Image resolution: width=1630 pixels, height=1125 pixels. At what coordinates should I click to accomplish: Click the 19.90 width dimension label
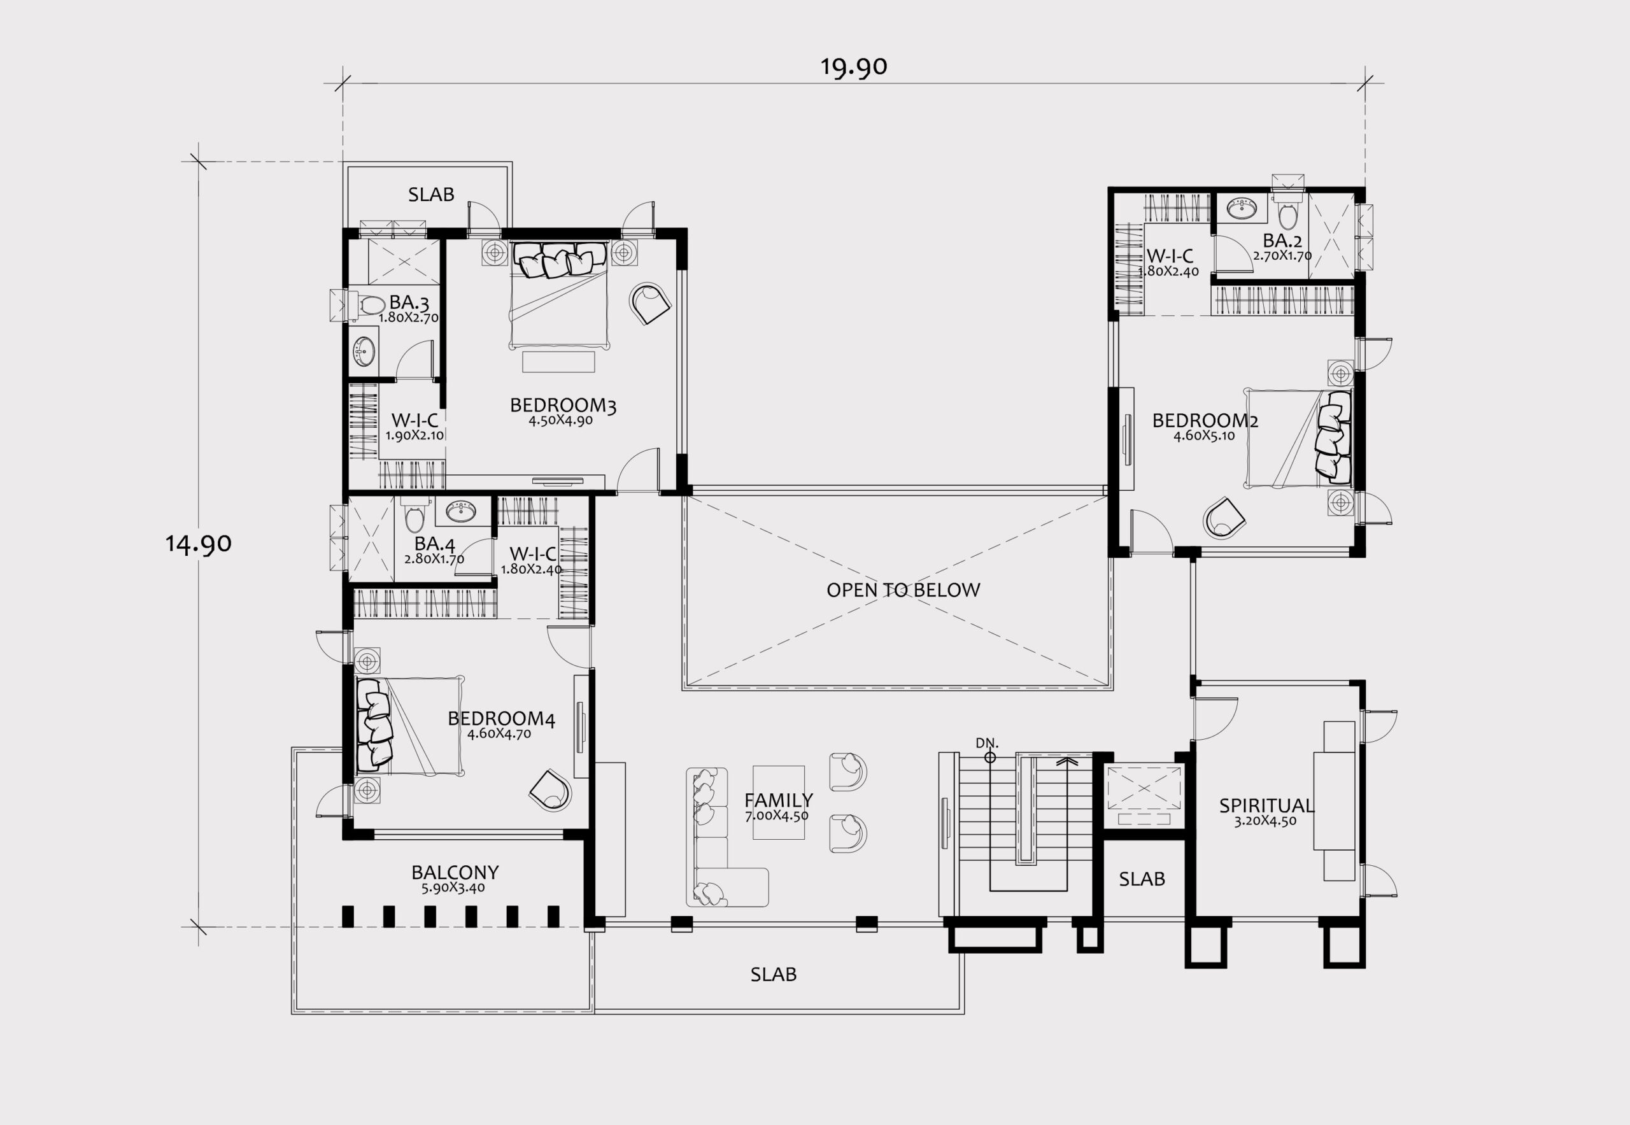[x=853, y=67]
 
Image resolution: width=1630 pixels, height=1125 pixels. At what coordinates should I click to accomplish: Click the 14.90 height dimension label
[x=198, y=544]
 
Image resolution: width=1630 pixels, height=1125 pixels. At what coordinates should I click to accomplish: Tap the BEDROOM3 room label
[x=563, y=406]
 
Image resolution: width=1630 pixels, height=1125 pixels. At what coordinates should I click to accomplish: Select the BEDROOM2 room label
[x=1205, y=421]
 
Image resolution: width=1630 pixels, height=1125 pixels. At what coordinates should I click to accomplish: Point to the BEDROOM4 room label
[x=501, y=718]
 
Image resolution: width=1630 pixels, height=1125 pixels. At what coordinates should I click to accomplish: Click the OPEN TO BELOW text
[x=903, y=590]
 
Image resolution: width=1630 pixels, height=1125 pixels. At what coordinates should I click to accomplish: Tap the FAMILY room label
[x=778, y=800]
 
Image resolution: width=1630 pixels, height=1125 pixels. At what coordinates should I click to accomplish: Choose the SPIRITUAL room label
[x=1266, y=805]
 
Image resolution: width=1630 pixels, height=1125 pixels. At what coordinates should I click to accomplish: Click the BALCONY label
[x=455, y=873]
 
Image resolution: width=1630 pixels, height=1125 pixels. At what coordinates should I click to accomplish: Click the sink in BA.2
[x=1242, y=208]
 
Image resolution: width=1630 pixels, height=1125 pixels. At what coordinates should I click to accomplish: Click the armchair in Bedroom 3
[x=649, y=302]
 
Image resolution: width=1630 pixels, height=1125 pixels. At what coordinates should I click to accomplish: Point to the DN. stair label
[x=987, y=743]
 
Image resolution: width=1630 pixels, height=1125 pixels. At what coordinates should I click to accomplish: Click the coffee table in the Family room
[x=778, y=802]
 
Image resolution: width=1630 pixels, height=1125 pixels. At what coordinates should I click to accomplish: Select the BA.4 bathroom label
[x=434, y=544]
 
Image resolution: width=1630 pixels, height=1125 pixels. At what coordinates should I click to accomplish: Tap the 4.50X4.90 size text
[x=560, y=421]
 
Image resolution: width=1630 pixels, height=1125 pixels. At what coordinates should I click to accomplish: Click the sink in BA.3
[x=364, y=351]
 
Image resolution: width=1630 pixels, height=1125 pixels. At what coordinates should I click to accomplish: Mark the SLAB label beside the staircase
[x=1142, y=879]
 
